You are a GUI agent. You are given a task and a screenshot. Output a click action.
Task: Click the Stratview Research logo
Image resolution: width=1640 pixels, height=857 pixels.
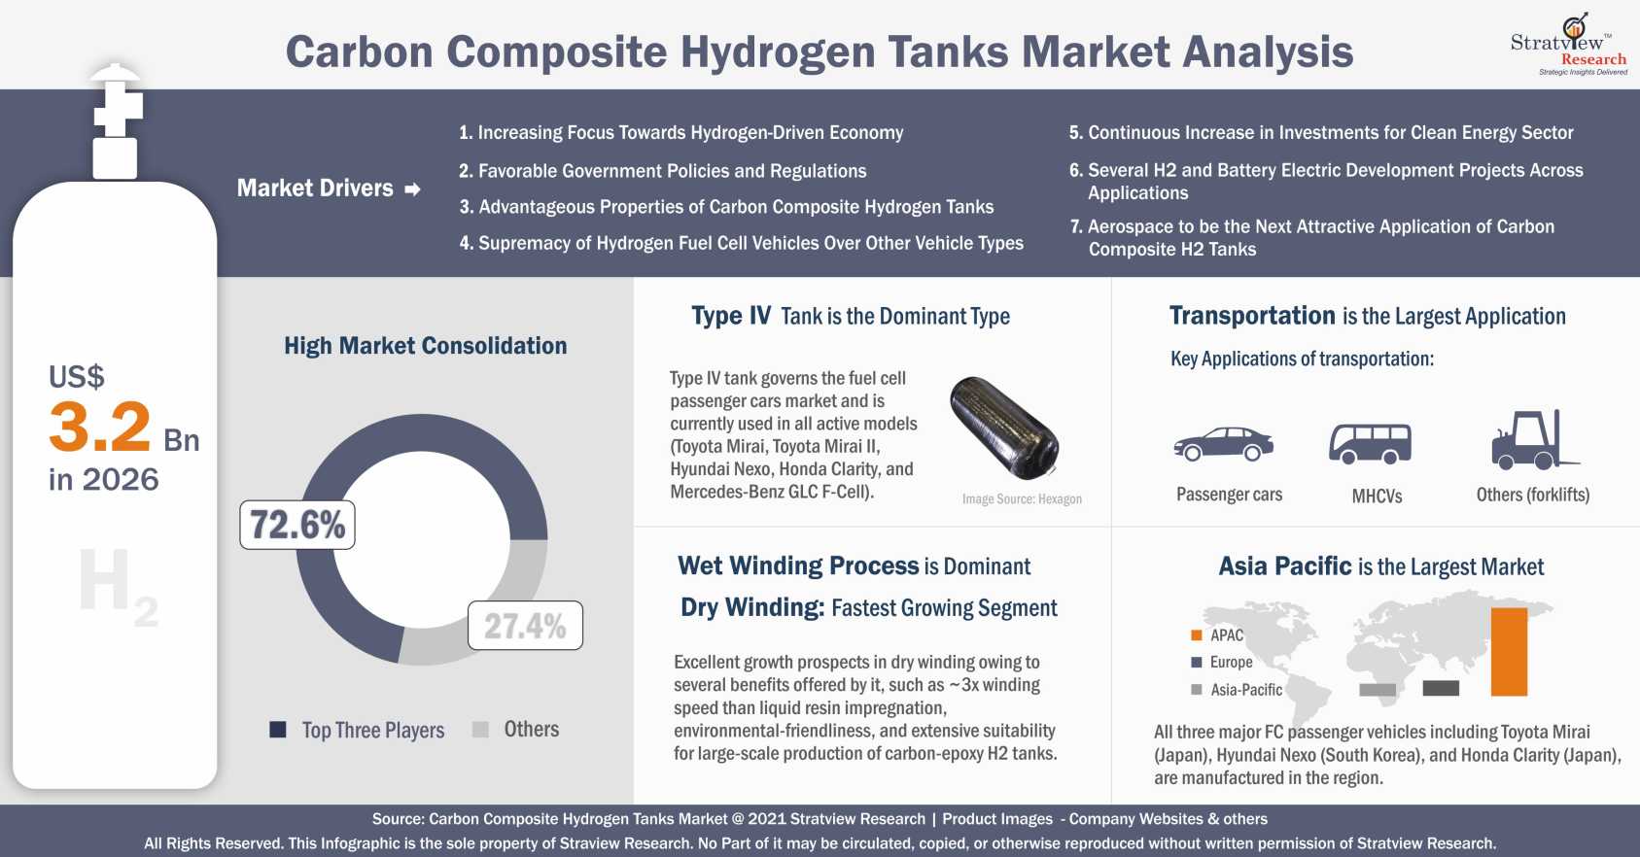tap(1569, 44)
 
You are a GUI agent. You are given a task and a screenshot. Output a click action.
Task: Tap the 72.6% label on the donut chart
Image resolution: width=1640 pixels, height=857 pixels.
tap(297, 525)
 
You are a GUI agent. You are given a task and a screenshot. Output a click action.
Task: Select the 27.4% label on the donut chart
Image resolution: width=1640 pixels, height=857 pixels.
tap(525, 626)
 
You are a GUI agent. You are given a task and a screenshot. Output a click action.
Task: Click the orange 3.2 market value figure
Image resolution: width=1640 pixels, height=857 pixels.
tap(99, 426)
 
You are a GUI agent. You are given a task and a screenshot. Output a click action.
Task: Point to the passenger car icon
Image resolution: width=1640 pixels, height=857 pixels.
tap(1223, 444)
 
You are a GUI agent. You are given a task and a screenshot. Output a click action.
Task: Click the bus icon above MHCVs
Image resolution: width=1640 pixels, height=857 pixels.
tap(1371, 443)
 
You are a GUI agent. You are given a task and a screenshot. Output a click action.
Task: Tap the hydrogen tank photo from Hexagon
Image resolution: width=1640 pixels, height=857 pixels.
tap(1004, 428)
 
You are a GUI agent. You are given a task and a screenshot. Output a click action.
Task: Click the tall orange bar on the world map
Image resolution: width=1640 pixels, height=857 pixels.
tap(1509, 651)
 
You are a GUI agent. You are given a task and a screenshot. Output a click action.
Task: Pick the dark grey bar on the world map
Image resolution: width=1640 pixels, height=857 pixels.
tap(1441, 688)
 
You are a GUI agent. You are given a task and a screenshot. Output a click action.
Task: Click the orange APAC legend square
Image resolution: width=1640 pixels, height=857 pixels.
tap(1197, 635)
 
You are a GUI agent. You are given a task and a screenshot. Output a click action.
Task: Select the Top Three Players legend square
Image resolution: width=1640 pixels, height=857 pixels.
tap(277, 730)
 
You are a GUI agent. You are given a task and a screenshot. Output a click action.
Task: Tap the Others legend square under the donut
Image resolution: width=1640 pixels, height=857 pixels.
tap(480, 730)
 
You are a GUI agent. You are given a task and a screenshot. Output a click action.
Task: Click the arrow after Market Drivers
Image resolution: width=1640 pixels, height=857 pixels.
tap(413, 189)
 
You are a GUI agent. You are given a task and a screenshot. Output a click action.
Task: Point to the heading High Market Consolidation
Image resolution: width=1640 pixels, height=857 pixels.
tap(426, 346)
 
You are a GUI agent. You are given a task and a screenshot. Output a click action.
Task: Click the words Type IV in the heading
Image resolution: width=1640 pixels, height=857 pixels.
tap(731, 316)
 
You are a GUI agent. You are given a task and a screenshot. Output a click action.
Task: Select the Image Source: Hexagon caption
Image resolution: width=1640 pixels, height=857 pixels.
tap(1022, 499)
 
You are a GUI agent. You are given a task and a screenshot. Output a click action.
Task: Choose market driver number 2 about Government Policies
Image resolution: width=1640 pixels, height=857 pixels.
tap(663, 171)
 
